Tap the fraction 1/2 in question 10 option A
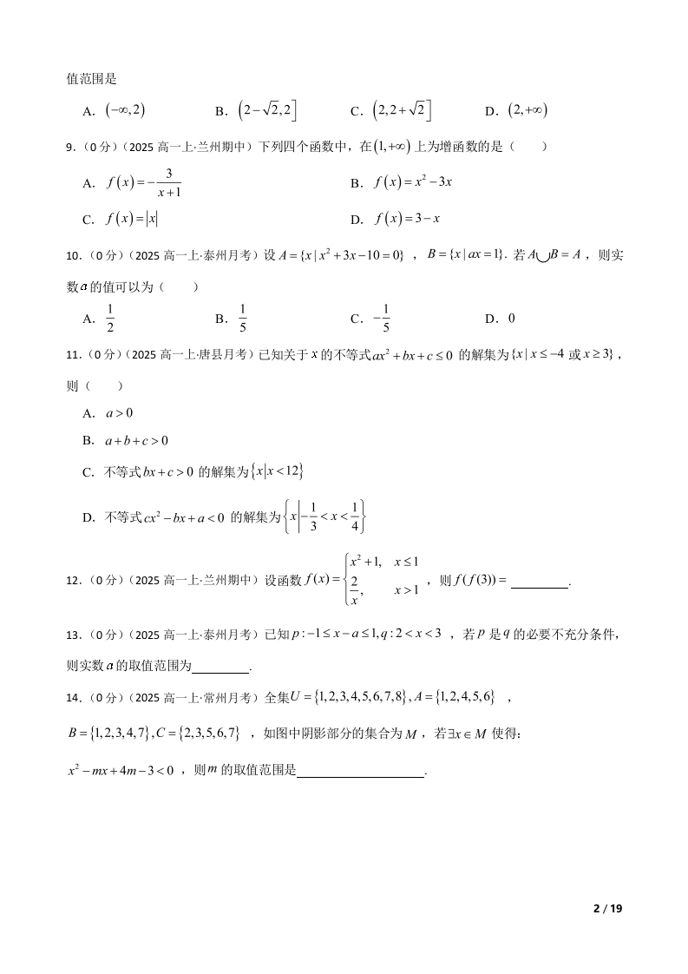pos(110,319)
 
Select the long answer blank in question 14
pos(360,774)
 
